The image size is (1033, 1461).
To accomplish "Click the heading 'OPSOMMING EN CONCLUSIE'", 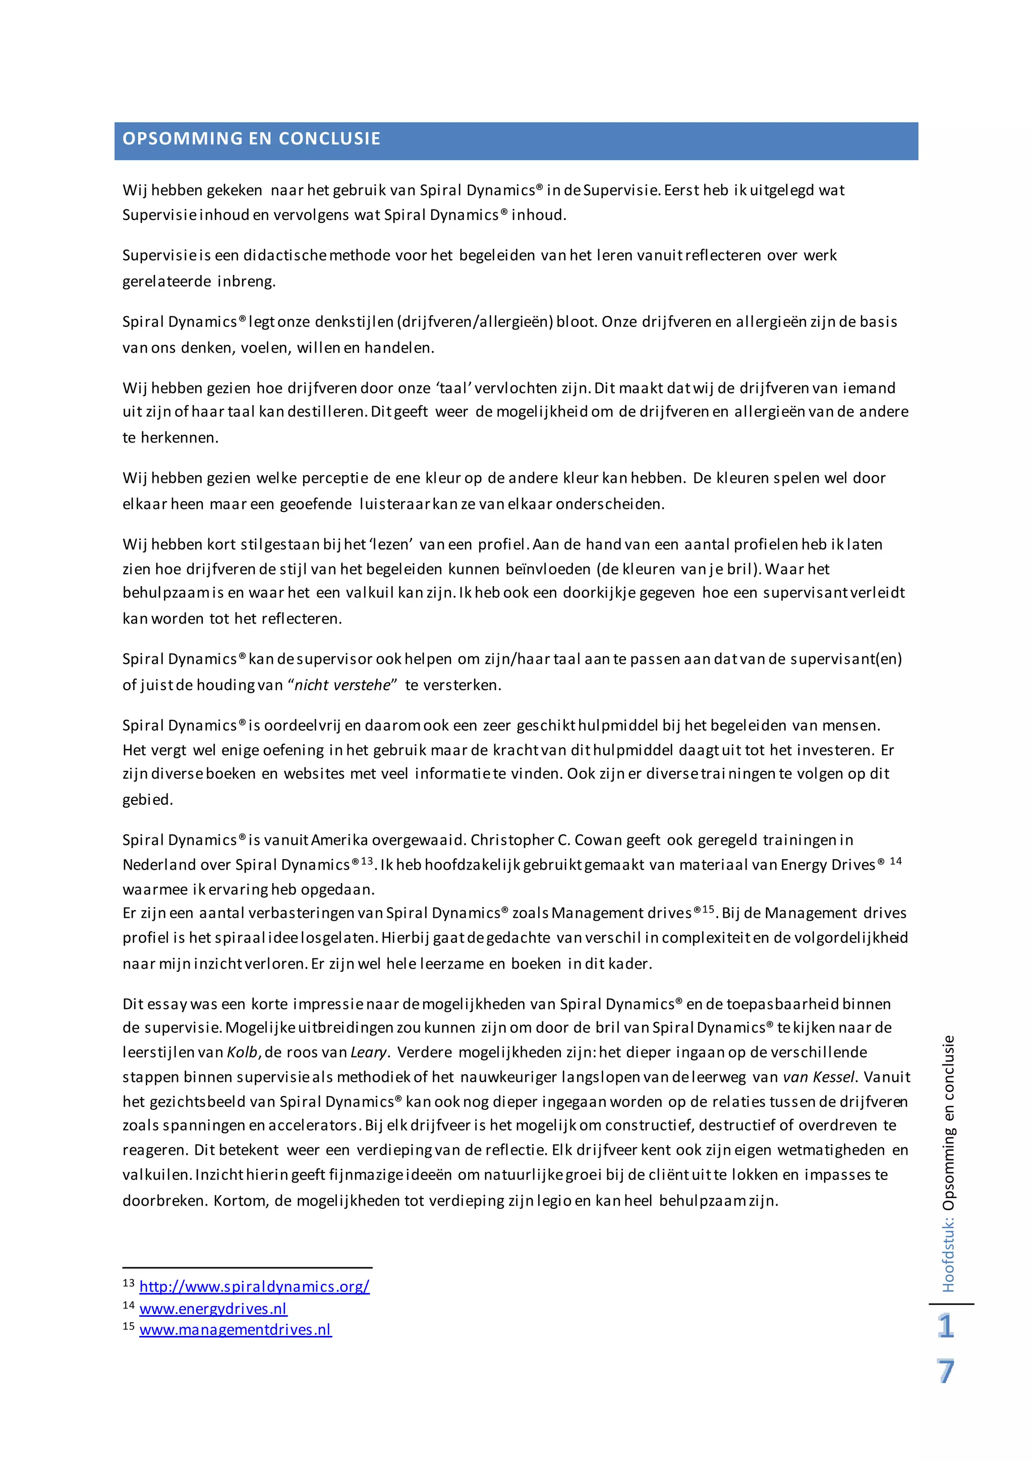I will click(251, 139).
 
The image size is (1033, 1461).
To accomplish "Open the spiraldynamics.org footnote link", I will click(254, 1286).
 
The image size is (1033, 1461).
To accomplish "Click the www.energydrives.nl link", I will click(213, 1309).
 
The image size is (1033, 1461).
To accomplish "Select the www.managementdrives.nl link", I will click(236, 1330).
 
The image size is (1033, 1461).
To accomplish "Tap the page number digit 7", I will click(946, 1371).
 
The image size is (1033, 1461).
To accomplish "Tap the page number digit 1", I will click(946, 1327).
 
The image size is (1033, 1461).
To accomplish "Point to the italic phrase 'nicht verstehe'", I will click(342, 685).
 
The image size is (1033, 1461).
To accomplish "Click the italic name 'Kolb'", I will click(242, 1052).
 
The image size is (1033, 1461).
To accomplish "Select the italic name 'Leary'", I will click(368, 1052).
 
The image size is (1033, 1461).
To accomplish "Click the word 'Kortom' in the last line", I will click(240, 1201).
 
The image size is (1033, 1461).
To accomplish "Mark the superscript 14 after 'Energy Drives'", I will click(896, 861).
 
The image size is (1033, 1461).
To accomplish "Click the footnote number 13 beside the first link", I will click(129, 1283).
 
